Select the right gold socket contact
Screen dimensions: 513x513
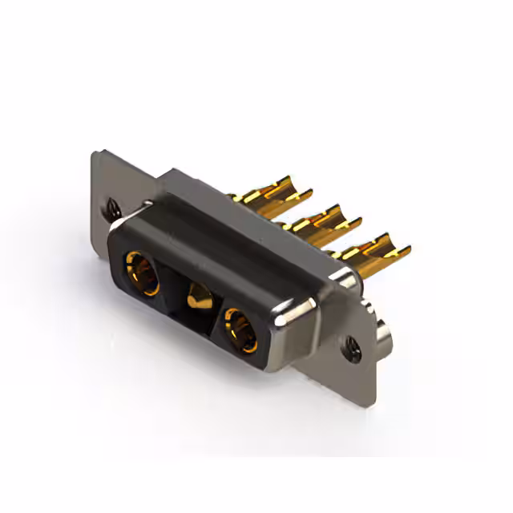pos(238,329)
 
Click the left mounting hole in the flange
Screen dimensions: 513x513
pos(111,208)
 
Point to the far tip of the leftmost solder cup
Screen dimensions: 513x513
pos(308,192)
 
